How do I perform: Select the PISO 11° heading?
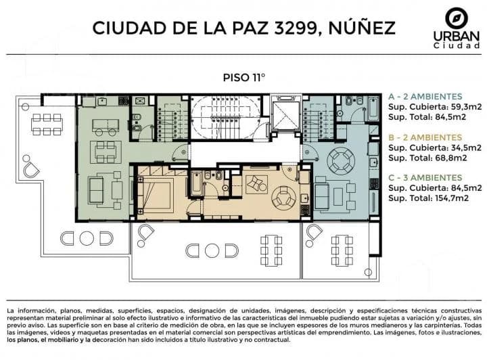pyautogui.click(x=244, y=77)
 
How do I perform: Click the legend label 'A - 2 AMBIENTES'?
pyautogui.click(x=425, y=97)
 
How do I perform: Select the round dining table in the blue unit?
pyautogui.click(x=341, y=160)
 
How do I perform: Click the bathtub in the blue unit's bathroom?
pyautogui.click(x=373, y=109)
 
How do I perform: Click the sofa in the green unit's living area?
pyautogui.click(x=96, y=189)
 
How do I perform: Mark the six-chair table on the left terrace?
pyautogui.click(x=47, y=125)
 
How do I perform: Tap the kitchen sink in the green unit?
pyautogui.click(x=102, y=102)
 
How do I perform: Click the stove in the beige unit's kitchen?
pyautogui.click(x=304, y=210)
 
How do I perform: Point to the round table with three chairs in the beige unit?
pyautogui.click(x=283, y=197)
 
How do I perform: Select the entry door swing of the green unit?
pyautogui.click(x=181, y=153)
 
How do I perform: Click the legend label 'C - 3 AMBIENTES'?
pyautogui.click(x=425, y=178)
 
